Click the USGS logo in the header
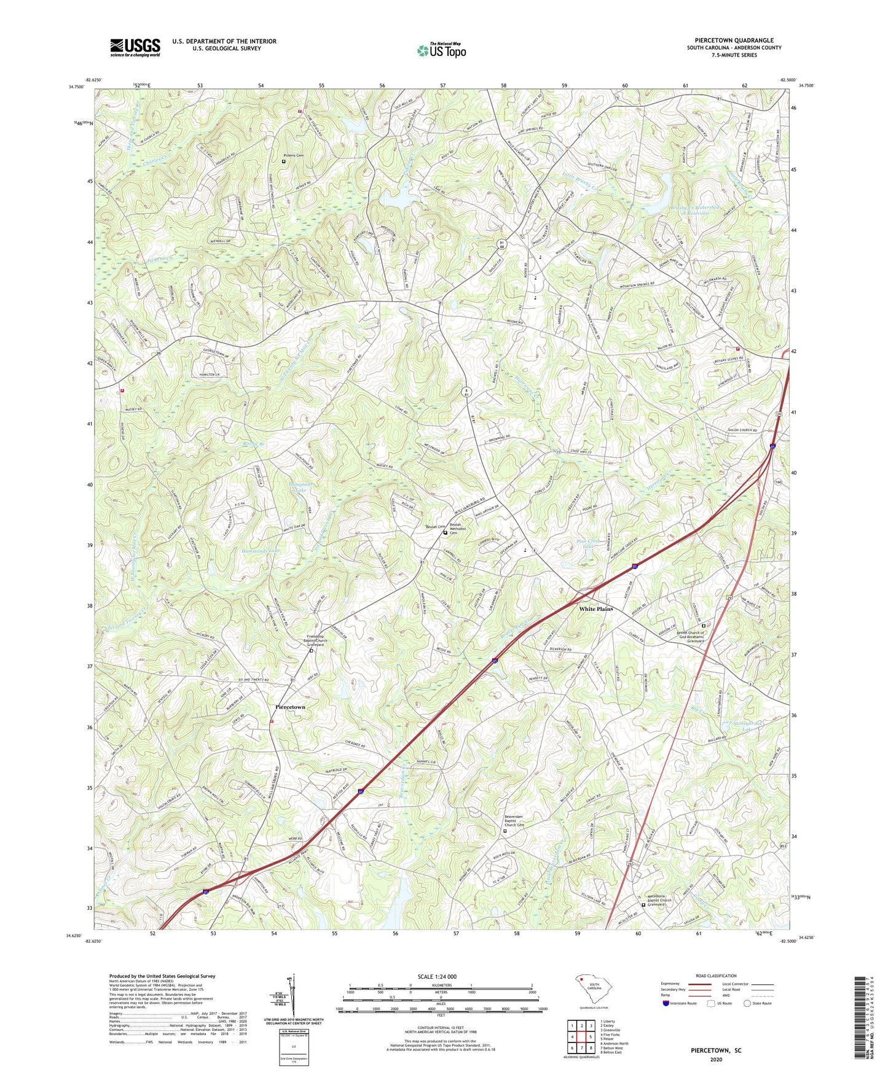pyautogui.click(x=135, y=47)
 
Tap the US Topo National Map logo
pyautogui.click(x=441, y=50)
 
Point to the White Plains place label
pyautogui.click(x=596, y=609)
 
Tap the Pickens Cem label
pyautogui.click(x=294, y=155)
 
